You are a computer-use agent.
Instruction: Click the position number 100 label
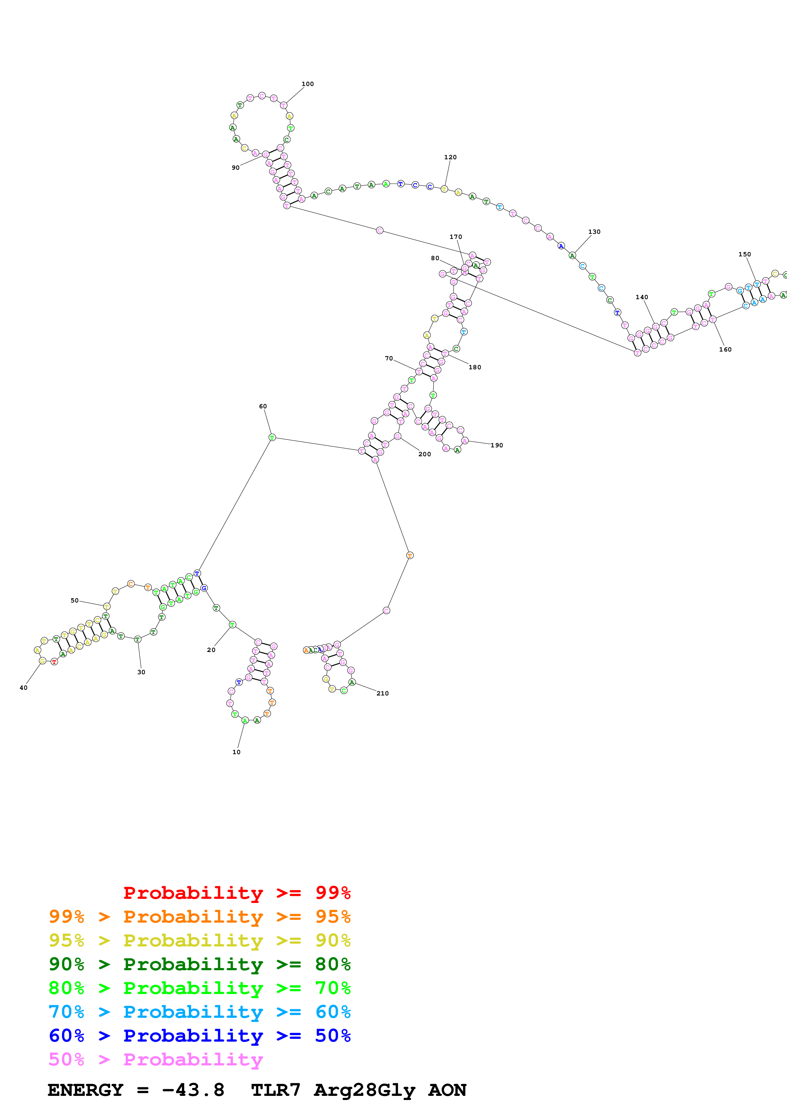(307, 84)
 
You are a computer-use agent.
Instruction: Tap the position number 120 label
(450, 157)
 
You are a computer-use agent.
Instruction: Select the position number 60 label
(263, 406)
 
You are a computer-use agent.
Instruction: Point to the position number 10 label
(236, 752)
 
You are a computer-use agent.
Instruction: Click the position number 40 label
(23, 688)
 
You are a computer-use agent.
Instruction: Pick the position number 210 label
(383, 693)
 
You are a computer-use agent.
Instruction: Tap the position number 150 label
(744, 254)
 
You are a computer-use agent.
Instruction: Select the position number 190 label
(497, 445)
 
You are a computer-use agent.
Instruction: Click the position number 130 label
(594, 232)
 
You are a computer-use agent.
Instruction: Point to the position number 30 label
(141, 672)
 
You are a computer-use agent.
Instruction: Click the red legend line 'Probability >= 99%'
(237, 892)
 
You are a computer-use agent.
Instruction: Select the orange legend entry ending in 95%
(199, 917)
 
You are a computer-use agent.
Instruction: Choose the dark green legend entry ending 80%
(199, 964)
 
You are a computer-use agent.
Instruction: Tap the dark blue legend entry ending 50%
(199, 1036)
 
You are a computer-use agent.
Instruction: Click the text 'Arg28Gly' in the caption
(364, 1090)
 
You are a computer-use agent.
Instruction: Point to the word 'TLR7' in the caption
(276, 1090)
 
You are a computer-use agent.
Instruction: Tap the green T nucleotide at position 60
(272, 437)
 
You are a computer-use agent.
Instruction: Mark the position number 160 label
(725, 350)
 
